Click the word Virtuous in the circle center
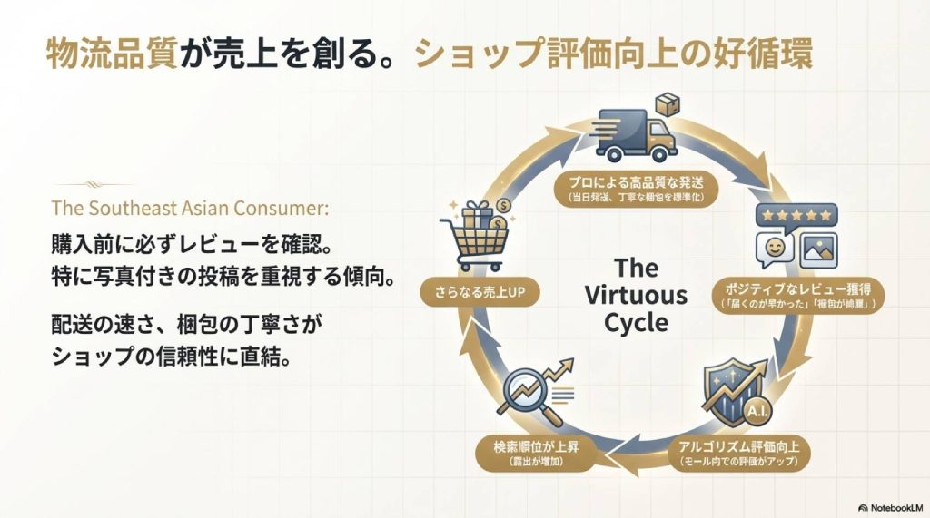pos(636,296)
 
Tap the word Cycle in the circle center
pos(636,323)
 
